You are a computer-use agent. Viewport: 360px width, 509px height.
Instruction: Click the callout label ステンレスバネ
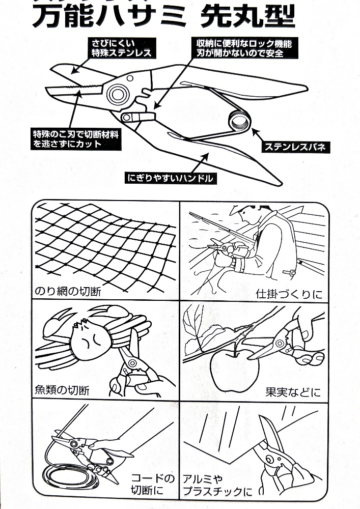(294, 147)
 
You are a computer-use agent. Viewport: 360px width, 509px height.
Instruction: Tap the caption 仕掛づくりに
(288, 294)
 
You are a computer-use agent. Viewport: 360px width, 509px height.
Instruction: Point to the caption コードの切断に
(153, 485)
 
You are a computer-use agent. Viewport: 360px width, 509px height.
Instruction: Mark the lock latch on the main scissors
(138, 116)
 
